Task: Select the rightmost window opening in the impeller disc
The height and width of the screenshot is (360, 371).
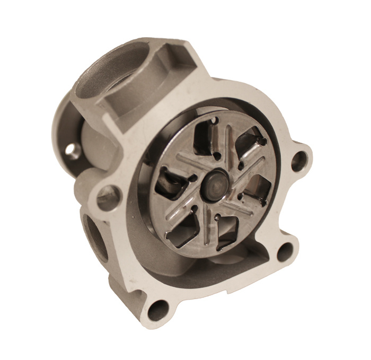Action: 259,188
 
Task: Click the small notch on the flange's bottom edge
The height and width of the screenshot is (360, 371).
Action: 229,290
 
